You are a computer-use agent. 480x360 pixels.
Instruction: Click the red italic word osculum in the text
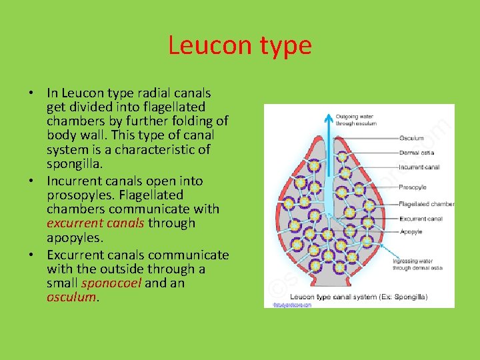click(x=72, y=297)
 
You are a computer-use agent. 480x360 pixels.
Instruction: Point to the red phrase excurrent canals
click(x=95, y=223)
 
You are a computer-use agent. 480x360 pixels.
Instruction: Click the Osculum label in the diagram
click(x=411, y=138)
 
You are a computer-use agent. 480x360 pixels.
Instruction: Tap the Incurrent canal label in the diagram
click(x=419, y=167)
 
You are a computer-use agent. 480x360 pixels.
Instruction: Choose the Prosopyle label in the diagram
click(x=413, y=187)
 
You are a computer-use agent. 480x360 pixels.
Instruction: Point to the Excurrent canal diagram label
click(x=421, y=218)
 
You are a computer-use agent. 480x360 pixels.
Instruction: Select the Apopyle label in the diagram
click(x=411, y=231)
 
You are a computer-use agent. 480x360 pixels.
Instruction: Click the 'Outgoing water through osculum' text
click(x=357, y=120)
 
